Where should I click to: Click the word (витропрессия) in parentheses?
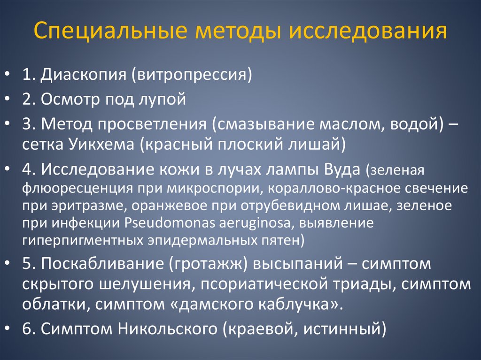pos(192,75)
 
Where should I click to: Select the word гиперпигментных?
pos(80,240)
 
